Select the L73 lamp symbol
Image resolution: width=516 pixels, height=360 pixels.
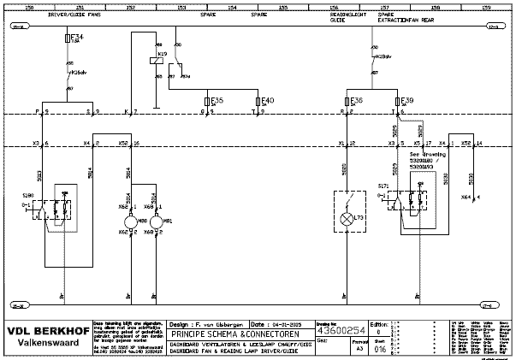tap(347, 220)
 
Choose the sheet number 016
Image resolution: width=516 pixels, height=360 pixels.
tap(380, 349)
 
